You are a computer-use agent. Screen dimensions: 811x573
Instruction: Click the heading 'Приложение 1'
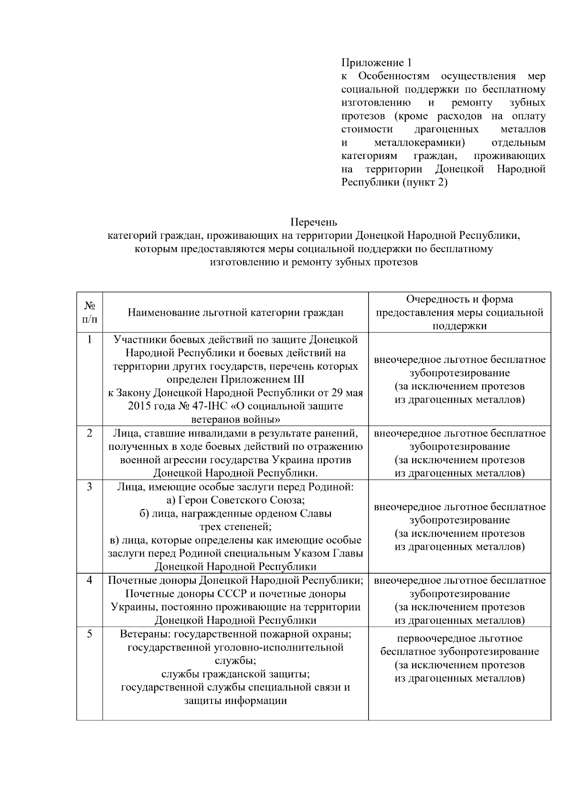click(376, 63)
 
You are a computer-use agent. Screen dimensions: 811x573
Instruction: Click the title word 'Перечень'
click(314, 222)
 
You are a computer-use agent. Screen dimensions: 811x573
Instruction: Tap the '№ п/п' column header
click(89, 312)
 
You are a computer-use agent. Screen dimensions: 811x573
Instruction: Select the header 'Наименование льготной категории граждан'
click(235, 313)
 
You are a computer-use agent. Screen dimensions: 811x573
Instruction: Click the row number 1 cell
click(89, 340)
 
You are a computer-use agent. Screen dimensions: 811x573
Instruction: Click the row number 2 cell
click(89, 434)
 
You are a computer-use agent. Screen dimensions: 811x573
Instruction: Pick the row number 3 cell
click(89, 487)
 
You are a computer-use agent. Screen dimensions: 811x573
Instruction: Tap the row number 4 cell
click(89, 580)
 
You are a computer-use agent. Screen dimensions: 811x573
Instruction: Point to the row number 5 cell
click(89, 634)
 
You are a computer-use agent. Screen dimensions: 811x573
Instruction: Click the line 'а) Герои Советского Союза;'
click(235, 500)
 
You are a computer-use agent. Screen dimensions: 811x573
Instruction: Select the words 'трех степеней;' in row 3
click(235, 527)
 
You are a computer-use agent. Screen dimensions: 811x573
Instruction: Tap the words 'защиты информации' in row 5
click(235, 701)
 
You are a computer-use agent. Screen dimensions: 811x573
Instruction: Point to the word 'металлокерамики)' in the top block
click(420, 143)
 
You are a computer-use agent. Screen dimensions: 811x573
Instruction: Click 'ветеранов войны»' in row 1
click(235, 420)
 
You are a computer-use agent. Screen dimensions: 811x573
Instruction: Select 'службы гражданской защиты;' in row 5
click(235, 674)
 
